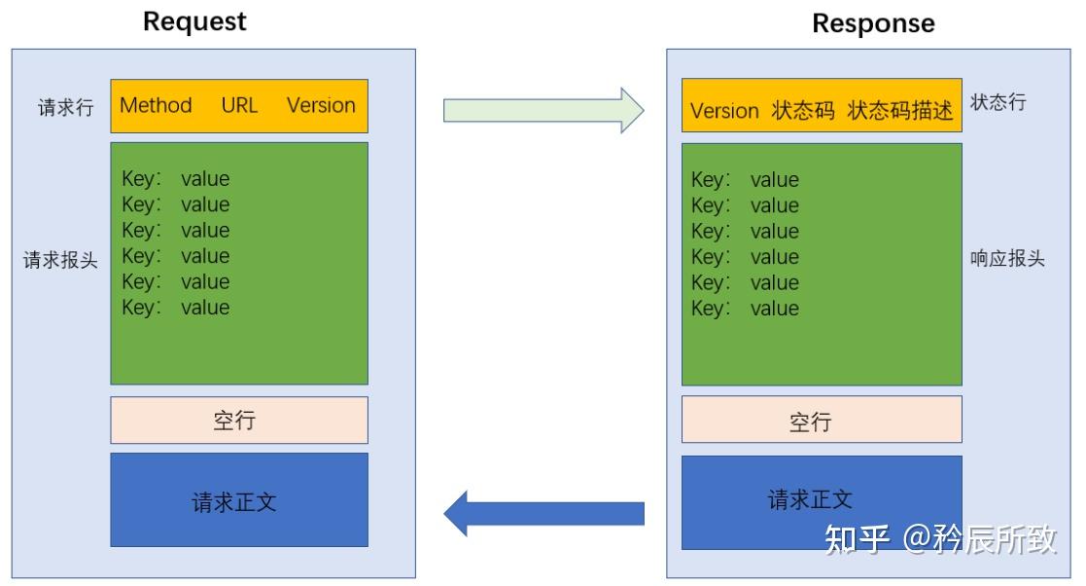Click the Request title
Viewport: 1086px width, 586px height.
pyautogui.click(x=194, y=21)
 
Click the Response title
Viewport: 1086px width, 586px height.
pyautogui.click(x=873, y=23)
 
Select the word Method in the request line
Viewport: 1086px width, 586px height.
pyautogui.click(x=156, y=105)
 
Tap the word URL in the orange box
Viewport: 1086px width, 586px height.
pyautogui.click(x=239, y=105)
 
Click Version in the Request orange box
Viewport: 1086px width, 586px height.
pyautogui.click(x=321, y=105)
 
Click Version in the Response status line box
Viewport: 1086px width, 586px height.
pyautogui.click(x=724, y=111)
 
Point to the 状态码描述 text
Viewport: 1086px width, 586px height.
pyautogui.click(x=900, y=111)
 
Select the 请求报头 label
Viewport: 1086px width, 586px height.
pyautogui.click(x=60, y=261)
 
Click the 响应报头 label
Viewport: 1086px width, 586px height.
pyautogui.click(x=1007, y=260)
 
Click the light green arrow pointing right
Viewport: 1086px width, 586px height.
pyautogui.click(x=543, y=110)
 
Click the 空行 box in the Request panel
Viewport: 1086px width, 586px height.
pyautogui.click(x=238, y=421)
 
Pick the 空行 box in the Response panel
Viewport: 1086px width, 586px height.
pyautogui.click(x=821, y=421)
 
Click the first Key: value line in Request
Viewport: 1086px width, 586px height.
pyautogui.click(x=176, y=179)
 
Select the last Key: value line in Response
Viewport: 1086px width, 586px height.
pyautogui.click(x=745, y=309)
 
